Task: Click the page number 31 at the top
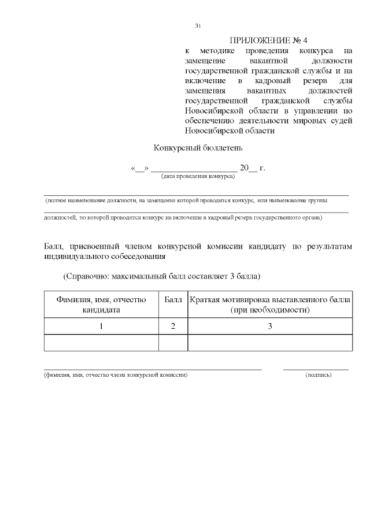point(198,26)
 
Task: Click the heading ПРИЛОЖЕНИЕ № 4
point(269,40)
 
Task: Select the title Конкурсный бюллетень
point(194,148)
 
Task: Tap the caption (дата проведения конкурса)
point(198,176)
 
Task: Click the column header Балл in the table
point(173,299)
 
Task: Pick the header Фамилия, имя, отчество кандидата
point(101,305)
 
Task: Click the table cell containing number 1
point(101,327)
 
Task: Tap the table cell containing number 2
point(173,327)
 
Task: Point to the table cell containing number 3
point(269,327)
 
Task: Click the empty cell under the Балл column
point(173,343)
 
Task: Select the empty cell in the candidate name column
point(101,343)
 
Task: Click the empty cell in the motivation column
point(269,343)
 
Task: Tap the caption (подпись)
point(318,375)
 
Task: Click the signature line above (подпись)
point(316,369)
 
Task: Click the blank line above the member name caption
point(153,369)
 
